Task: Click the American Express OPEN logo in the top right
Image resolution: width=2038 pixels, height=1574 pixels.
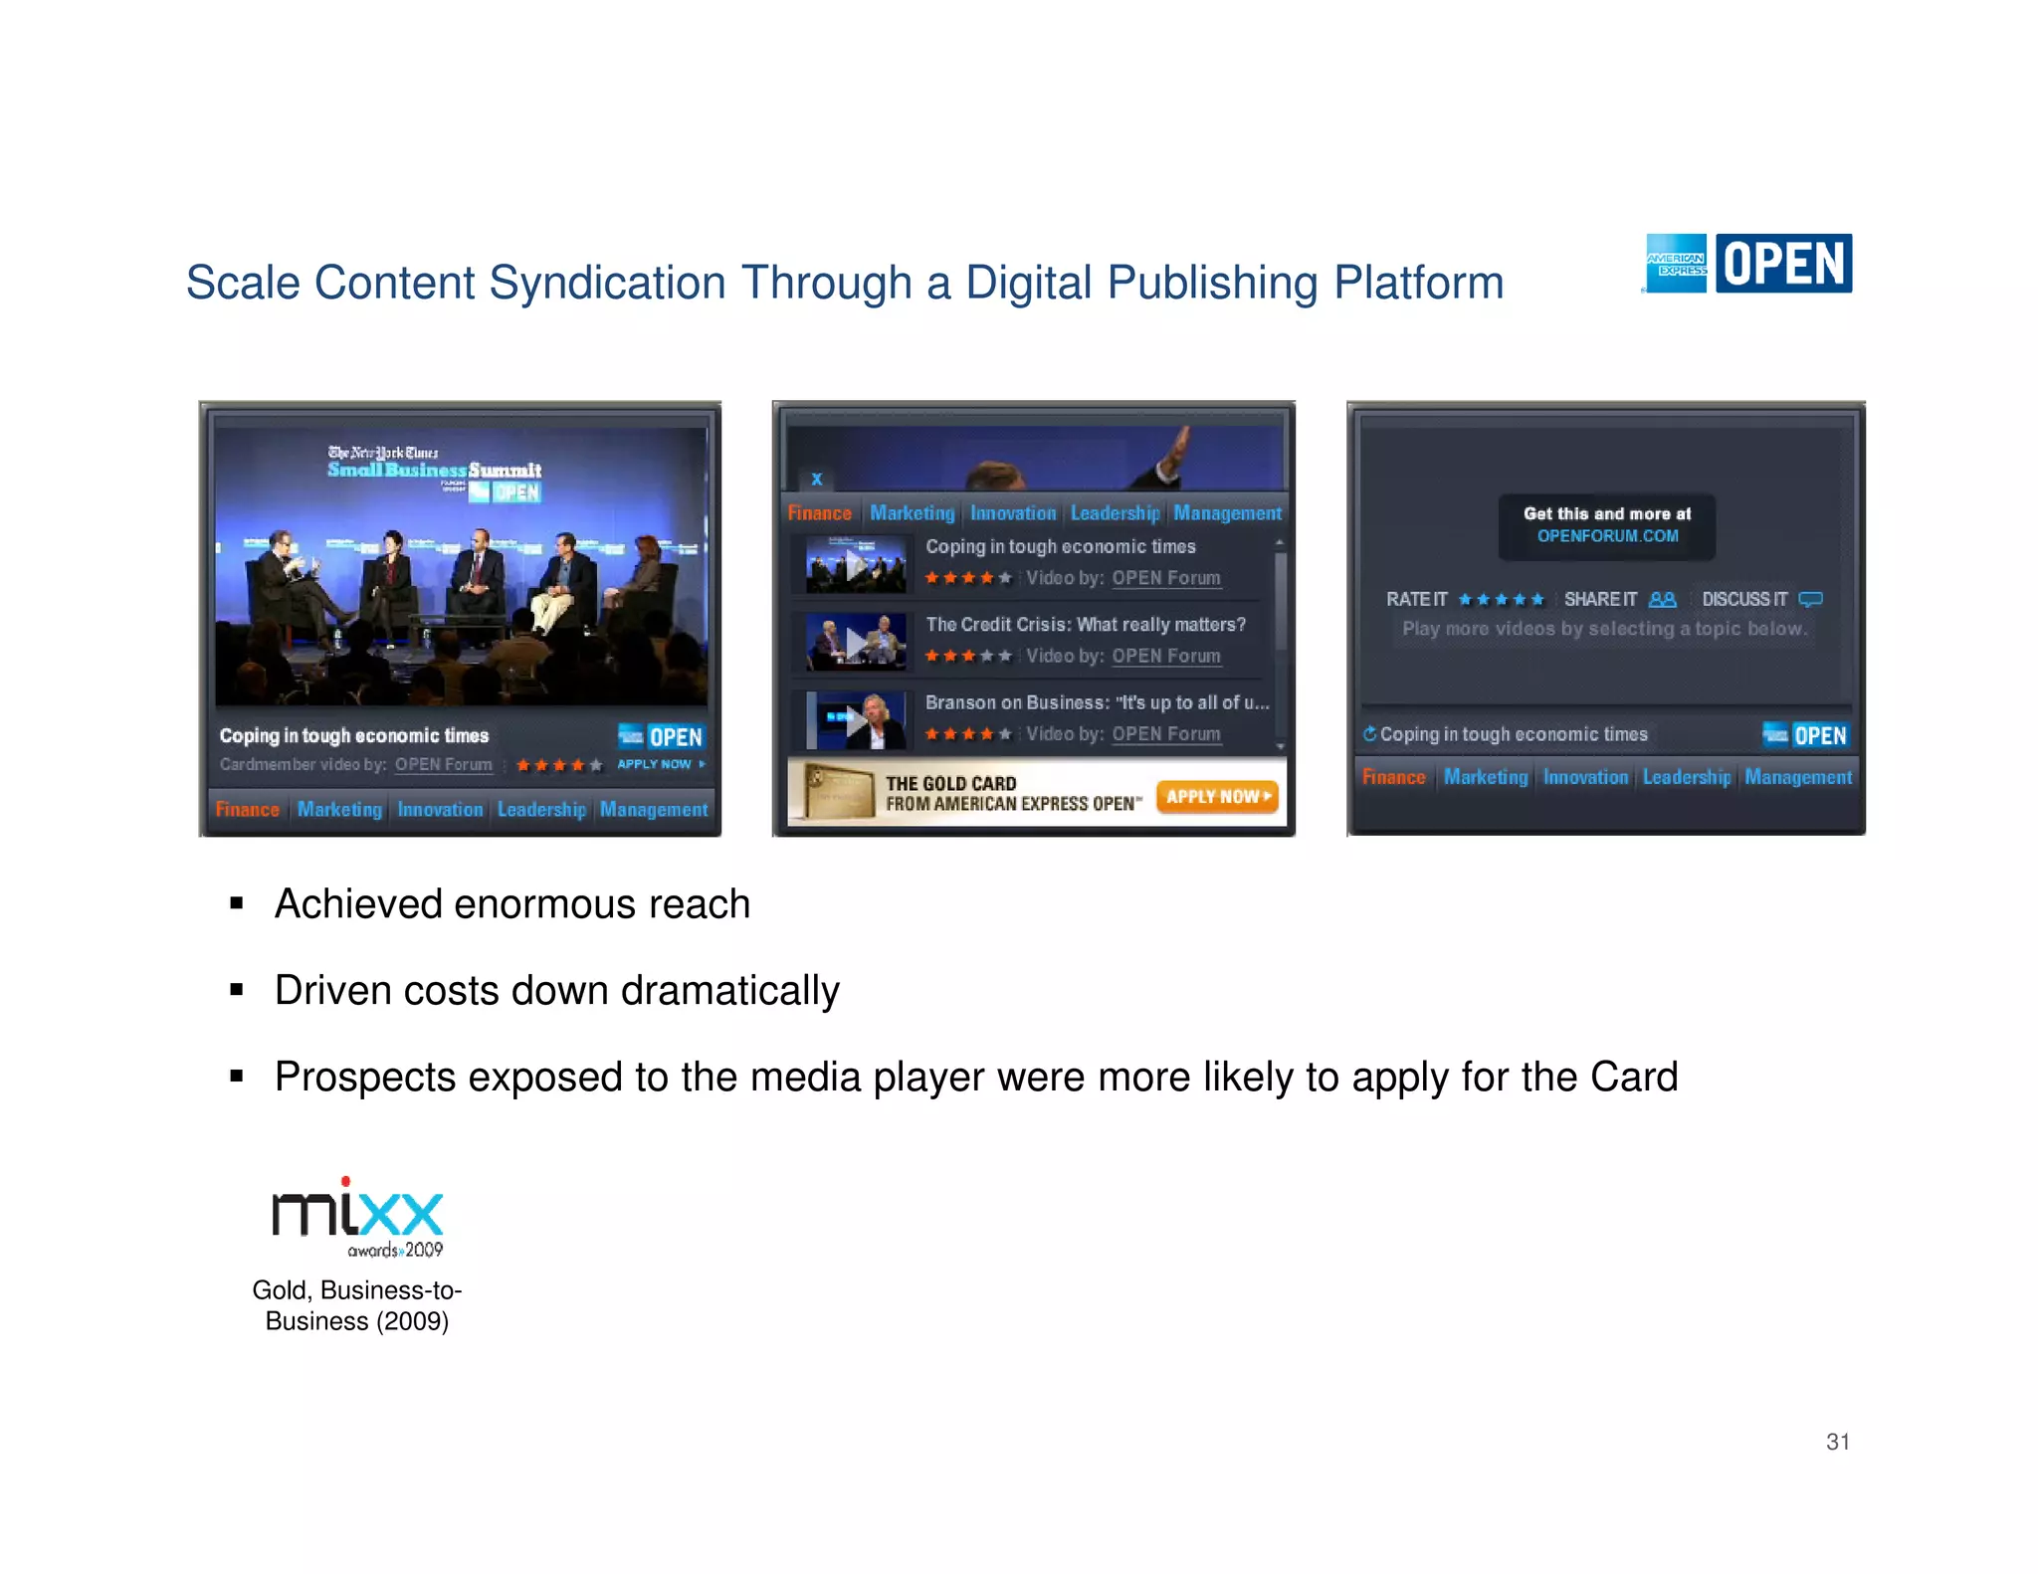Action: [1747, 264]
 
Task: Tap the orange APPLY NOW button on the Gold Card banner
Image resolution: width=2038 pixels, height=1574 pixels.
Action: [1217, 796]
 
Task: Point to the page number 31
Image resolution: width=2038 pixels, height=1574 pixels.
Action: [1837, 1442]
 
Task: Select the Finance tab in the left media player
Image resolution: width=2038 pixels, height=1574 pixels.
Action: [247, 810]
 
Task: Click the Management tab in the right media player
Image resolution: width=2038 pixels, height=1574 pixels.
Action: [1797, 777]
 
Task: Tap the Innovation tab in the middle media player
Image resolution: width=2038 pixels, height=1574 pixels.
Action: [1012, 513]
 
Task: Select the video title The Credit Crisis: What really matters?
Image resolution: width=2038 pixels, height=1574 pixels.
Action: [1085, 625]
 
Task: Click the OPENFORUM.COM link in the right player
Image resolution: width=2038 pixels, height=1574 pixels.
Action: [1607, 536]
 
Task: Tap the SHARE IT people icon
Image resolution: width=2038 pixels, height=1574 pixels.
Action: [1662, 599]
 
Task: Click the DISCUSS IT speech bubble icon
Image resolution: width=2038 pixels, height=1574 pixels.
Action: [1811, 599]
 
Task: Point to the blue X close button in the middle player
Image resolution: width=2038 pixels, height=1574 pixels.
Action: [817, 479]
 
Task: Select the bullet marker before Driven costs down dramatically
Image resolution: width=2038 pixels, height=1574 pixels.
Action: [237, 990]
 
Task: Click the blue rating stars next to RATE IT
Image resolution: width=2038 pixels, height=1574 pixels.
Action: [1501, 599]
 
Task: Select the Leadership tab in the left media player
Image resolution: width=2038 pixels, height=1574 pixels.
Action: [541, 810]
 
